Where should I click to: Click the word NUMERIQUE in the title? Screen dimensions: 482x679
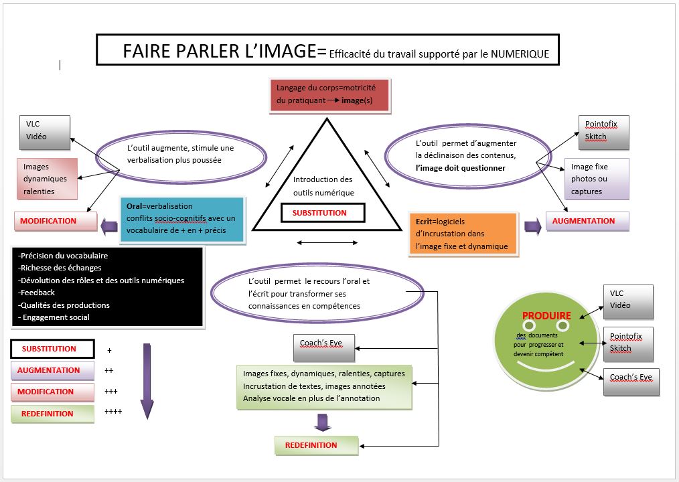point(518,54)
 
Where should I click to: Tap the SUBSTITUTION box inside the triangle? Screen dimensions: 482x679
point(319,213)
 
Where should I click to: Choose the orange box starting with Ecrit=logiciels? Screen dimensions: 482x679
point(463,234)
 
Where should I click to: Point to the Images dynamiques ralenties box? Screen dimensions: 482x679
point(46,179)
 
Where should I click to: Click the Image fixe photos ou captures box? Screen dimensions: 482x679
point(597,179)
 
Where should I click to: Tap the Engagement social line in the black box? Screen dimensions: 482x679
point(56,317)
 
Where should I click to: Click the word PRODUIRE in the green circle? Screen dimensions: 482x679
point(546,315)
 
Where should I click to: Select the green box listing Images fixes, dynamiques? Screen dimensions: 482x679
point(323,386)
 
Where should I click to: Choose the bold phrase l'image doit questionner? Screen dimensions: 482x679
point(460,168)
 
